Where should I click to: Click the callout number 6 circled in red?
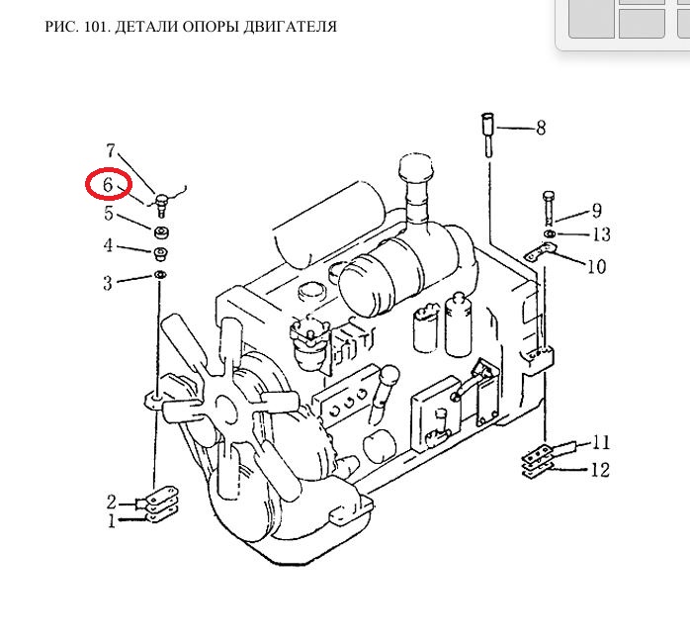click(108, 184)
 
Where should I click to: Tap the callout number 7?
click(111, 151)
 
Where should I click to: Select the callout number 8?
click(540, 128)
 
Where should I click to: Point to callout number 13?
click(601, 234)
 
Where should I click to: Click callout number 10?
click(595, 266)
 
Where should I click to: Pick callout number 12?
click(600, 470)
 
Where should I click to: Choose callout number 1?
click(112, 520)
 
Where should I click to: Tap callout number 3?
click(108, 284)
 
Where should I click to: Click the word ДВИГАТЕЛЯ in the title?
click(288, 27)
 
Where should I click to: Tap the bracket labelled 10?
click(539, 254)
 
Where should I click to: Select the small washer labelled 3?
click(158, 274)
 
